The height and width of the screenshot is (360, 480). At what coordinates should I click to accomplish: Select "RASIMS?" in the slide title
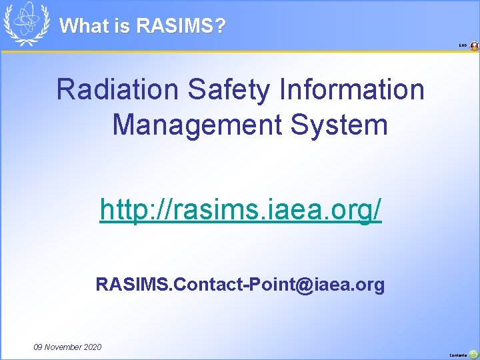(181, 26)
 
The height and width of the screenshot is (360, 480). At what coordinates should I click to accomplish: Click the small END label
(463, 46)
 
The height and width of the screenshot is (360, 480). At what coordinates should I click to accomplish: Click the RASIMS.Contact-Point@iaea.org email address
(240, 285)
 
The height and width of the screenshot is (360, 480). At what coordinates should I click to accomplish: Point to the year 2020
(93, 347)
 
